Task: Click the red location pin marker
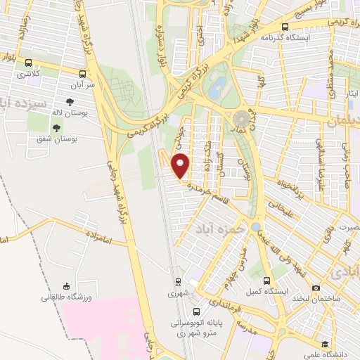click(x=181, y=165)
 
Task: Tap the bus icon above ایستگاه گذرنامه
click(x=285, y=26)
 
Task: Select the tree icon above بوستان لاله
click(x=69, y=102)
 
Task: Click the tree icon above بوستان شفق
click(x=55, y=128)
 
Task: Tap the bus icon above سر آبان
click(x=83, y=72)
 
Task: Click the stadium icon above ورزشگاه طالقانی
click(x=67, y=286)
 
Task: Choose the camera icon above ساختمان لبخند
click(x=316, y=288)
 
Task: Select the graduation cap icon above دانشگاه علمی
click(x=325, y=345)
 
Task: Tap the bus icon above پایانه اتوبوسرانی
click(x=197, y=312)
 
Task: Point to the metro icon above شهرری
click(x=179, y=283)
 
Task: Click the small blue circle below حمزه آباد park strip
click(x=255, y=227)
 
